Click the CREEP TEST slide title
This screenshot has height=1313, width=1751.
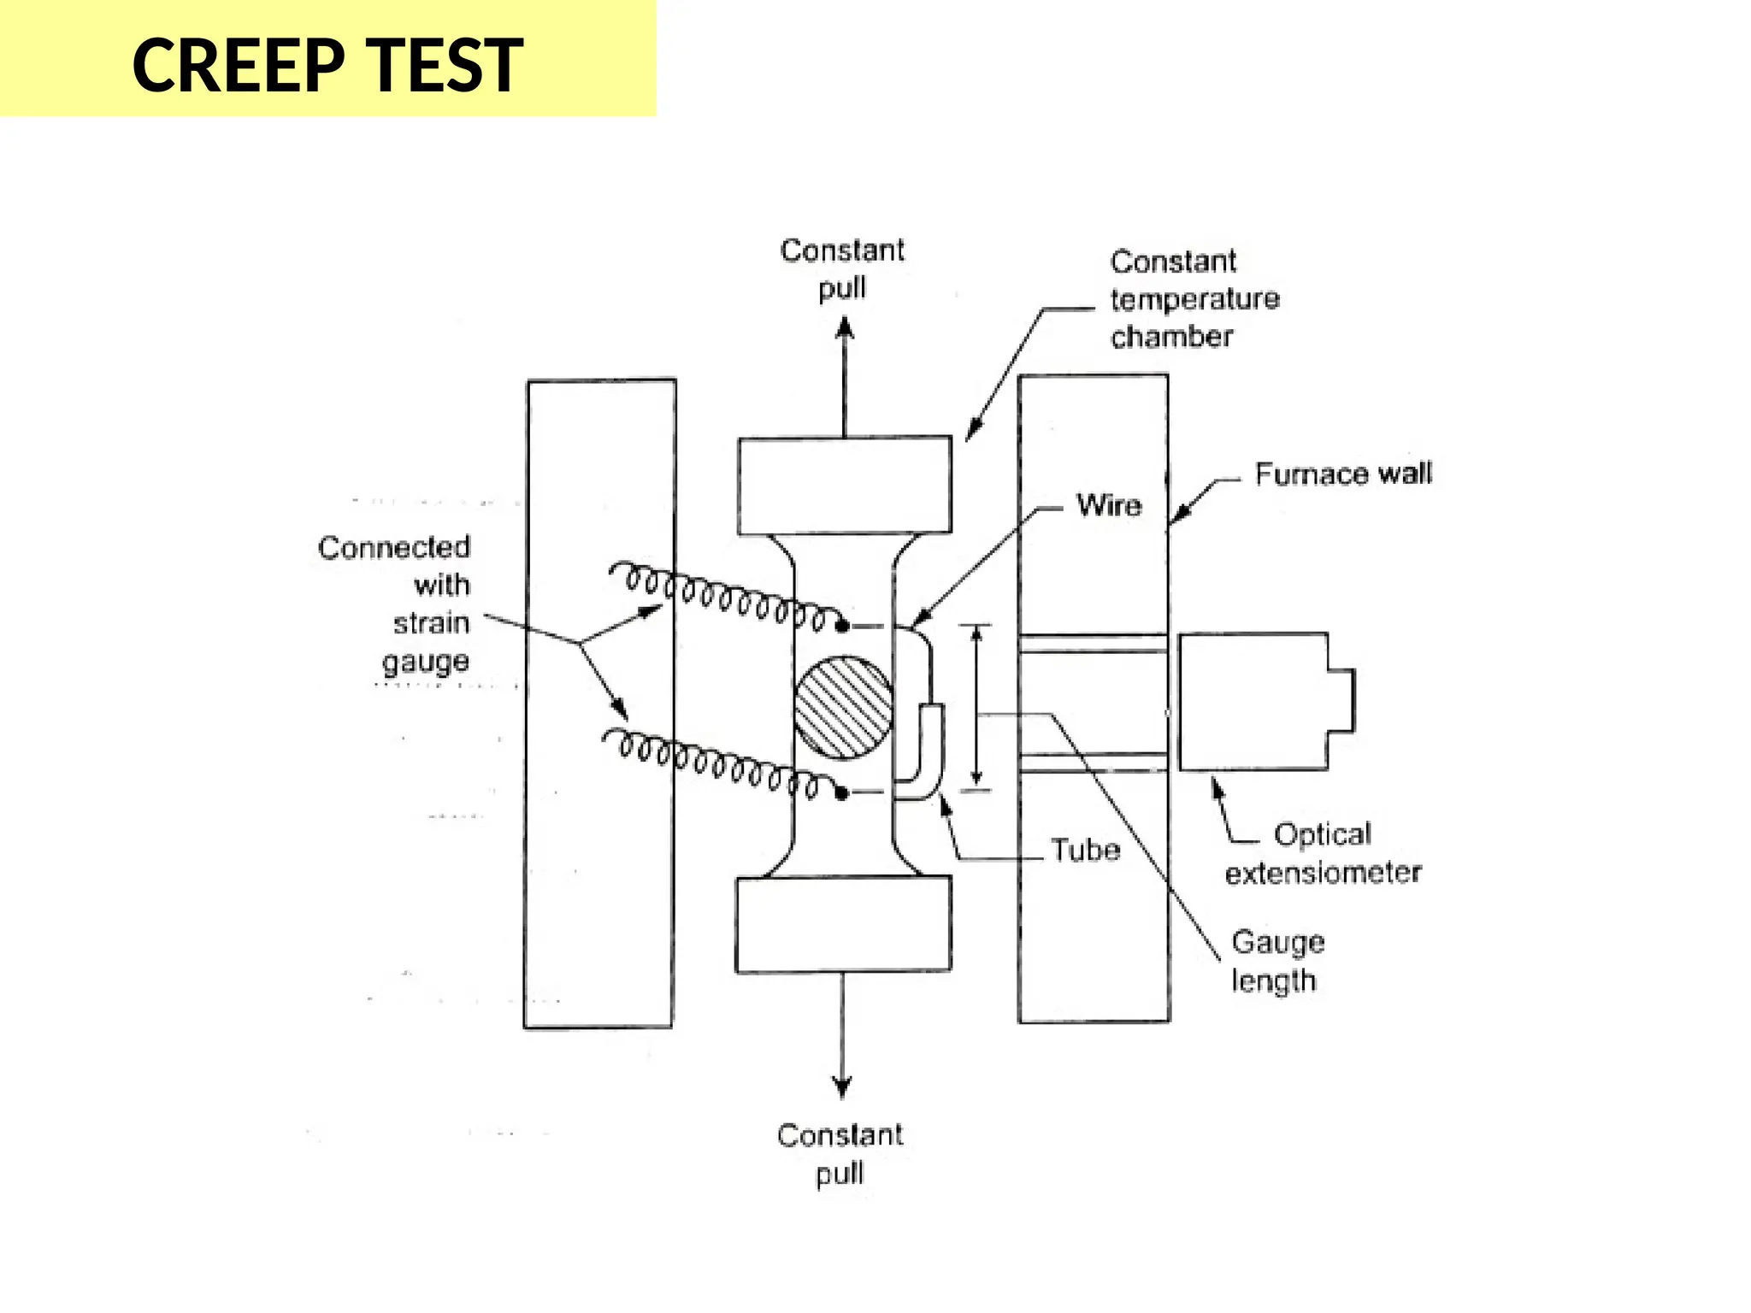click(x=327, y=65)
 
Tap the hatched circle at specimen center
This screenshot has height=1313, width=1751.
click(x=843, y=708)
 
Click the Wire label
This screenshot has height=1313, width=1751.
click(x=1109, y=505)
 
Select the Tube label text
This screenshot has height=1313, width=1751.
click(x=1085, y=850)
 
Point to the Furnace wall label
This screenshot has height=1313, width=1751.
click(x=1342, y=474)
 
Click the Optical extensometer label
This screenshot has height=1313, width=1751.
click(x=1323, y=853)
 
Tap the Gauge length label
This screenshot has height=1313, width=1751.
click(x=1277, y=961)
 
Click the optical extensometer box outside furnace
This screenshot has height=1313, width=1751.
click(x=1254, y=702)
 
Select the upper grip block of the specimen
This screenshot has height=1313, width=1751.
click(x=844, y=486)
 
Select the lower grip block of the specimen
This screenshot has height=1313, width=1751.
click(x=843, y=925)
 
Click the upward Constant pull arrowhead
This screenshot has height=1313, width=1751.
click(x=844, y=328)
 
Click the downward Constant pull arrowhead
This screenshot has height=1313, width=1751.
click(x=842, y=1087)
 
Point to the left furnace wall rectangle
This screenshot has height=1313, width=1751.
click(x=600, y=704)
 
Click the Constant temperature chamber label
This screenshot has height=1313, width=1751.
click(x=1194, y=299)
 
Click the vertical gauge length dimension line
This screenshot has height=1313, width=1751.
click(x=976, y=706)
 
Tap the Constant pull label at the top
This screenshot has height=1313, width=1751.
click(x=842, y=268)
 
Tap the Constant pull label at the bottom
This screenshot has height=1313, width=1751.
click(x=840, y=1153)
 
